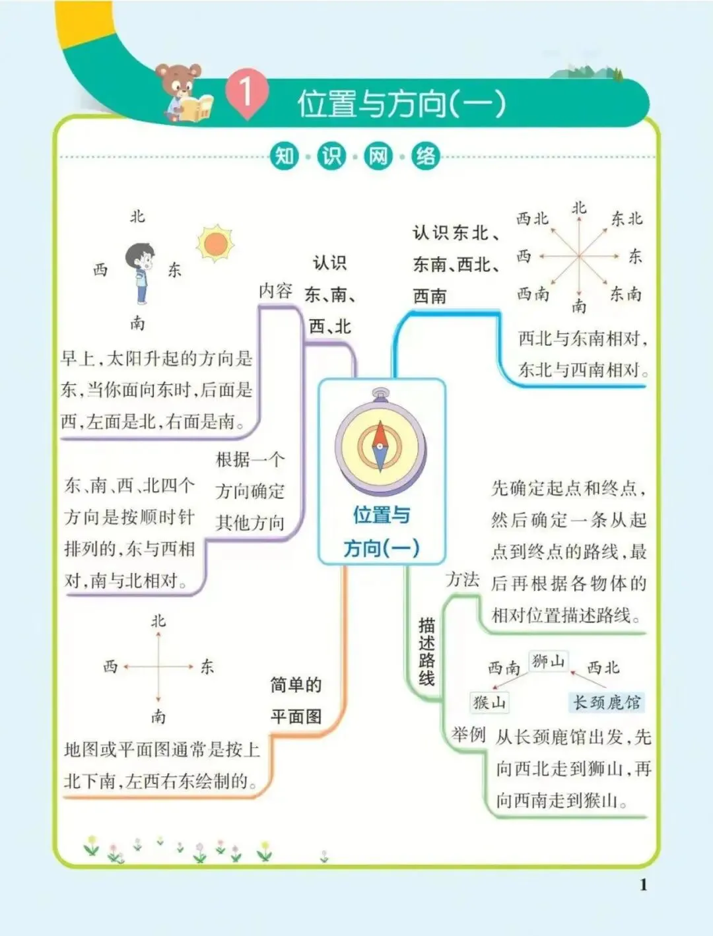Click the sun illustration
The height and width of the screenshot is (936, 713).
pos(215,244)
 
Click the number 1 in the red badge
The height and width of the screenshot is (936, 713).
pos(246,93)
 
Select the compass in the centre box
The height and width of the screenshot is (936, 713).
pos(380,442)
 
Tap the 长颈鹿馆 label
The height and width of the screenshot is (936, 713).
pos(606,702)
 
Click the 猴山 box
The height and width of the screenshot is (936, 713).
pos(490,702)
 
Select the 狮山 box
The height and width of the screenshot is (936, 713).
pos(549,661)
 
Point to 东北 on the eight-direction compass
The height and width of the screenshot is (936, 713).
pos(626,218)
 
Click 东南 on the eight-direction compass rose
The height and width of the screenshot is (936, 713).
pos(625,294)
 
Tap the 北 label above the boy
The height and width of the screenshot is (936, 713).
pos(137,217)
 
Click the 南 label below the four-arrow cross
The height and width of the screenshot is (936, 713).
pos(158,716)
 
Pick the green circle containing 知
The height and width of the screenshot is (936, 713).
pos(285,156)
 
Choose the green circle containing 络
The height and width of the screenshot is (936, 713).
pos(426,156)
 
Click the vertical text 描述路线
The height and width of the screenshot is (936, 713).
pos(426,652)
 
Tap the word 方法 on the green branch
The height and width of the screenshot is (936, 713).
pos(462,580)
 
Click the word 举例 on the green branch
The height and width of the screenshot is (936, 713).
pos(469,735)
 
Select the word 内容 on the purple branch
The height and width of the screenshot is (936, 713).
pos(275,290)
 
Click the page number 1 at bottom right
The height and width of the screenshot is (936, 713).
pos(643,885)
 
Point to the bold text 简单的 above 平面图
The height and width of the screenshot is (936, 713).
pos(296,685)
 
